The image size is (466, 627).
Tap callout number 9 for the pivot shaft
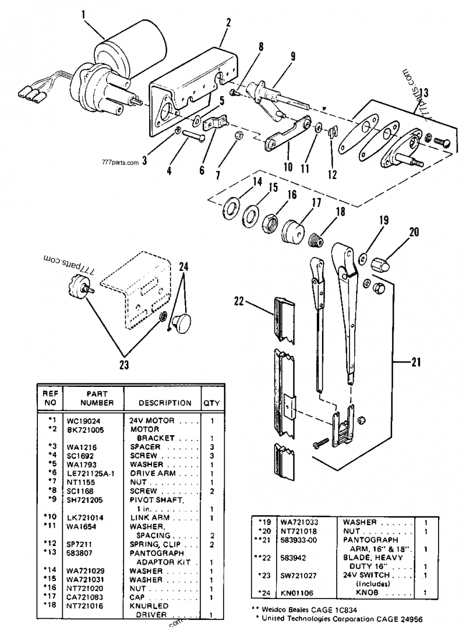292,57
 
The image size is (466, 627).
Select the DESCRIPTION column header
165,403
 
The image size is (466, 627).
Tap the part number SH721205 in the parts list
87,499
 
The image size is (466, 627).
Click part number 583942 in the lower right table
294,557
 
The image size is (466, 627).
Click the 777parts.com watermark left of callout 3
120,163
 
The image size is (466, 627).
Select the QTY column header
210,403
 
